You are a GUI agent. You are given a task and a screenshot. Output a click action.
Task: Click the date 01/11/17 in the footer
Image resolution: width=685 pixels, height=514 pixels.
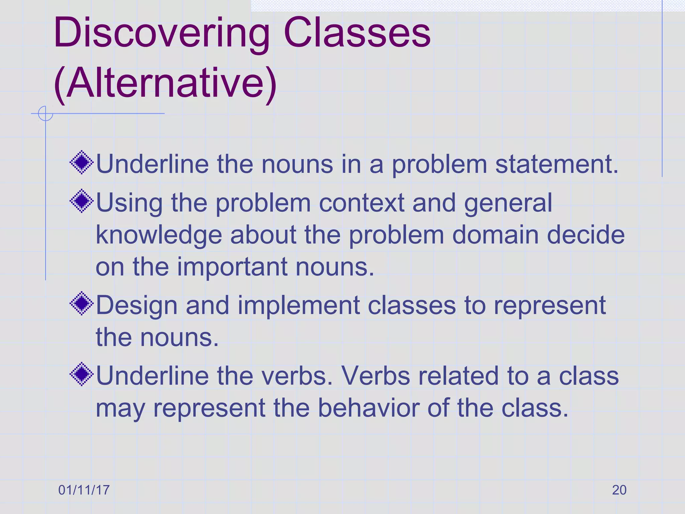pyautogui.click(x=84, y=490)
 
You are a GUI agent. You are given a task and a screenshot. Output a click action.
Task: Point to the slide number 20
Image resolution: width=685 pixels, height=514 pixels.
pyautogui.click(x=619, y=490)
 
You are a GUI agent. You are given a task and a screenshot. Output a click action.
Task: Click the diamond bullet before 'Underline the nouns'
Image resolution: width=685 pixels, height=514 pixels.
pyautogui.click(x=82, y=163)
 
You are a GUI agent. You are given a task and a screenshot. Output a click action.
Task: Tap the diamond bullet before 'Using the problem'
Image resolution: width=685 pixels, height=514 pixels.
pyautogui.click(x=82, y=201)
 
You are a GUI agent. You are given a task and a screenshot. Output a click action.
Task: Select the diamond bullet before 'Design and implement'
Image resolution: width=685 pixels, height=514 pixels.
pyautogui.click(x=82, y=304)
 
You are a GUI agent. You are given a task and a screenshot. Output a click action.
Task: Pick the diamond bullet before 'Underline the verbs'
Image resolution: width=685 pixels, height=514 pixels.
pyautogui.click(x=82, y=374)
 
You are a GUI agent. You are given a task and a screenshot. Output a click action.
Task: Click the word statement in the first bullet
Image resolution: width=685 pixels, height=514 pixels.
pyautogui.click(x=557, y=164)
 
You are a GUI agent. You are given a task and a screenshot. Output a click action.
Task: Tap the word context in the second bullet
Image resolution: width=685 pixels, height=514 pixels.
pyautogui.click(x=362, y=203)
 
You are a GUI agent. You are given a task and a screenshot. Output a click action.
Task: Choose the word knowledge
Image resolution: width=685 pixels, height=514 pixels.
pyautogui.click(x=159, y=235)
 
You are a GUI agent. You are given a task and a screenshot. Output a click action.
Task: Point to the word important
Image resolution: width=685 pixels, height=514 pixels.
pyautogui.click(x=232, y=267)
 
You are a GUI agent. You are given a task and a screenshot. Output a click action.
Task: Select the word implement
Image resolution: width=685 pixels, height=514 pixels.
pyautogui.click(x=298, y=306)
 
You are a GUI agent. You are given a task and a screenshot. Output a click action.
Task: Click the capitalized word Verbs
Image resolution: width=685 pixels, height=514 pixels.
pyautogui.click(x=375, y=376)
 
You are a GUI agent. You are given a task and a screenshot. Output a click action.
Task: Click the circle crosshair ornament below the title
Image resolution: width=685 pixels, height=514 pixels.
pyautogui.click(x=45, y=113)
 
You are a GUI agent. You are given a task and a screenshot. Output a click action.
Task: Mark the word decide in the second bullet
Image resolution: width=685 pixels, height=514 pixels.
pyautogui.click(x=586, y=235)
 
